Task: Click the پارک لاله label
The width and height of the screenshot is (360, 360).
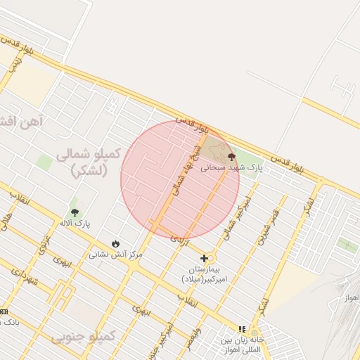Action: tap(75, 224)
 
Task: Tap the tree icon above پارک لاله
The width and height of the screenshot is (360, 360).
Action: tap(75, 212)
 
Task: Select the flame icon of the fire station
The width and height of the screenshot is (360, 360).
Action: tap(115, 243)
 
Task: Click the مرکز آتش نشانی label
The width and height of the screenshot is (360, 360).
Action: tap(115, 254)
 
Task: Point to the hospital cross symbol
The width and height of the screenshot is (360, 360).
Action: tap(204, 258)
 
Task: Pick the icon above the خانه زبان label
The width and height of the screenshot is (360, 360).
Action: tap(243, 328)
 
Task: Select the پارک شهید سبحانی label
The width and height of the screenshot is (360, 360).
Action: tap(231, 169)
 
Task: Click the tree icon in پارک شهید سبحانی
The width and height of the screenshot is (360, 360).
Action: tap(231, 157)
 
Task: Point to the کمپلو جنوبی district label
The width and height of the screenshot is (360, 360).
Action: tap(82, 337)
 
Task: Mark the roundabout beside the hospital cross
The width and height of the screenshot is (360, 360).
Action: tap(212, 258)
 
